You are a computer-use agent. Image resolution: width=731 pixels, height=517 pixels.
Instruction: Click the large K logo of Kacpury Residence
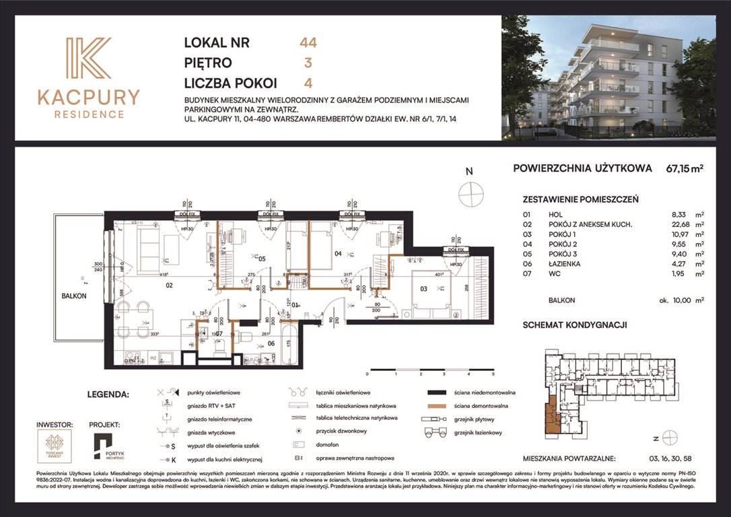(88, 60)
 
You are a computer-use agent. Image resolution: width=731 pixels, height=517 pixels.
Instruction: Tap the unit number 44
(308, 43)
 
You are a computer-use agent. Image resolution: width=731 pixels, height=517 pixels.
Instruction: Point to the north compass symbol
(471, 194)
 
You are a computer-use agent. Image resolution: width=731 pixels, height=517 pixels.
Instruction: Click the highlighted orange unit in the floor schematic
(552, 414)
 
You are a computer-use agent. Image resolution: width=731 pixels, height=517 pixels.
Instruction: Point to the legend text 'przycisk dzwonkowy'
(343, 431)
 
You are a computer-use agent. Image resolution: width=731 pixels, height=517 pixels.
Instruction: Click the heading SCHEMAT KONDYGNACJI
(575, 324)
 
